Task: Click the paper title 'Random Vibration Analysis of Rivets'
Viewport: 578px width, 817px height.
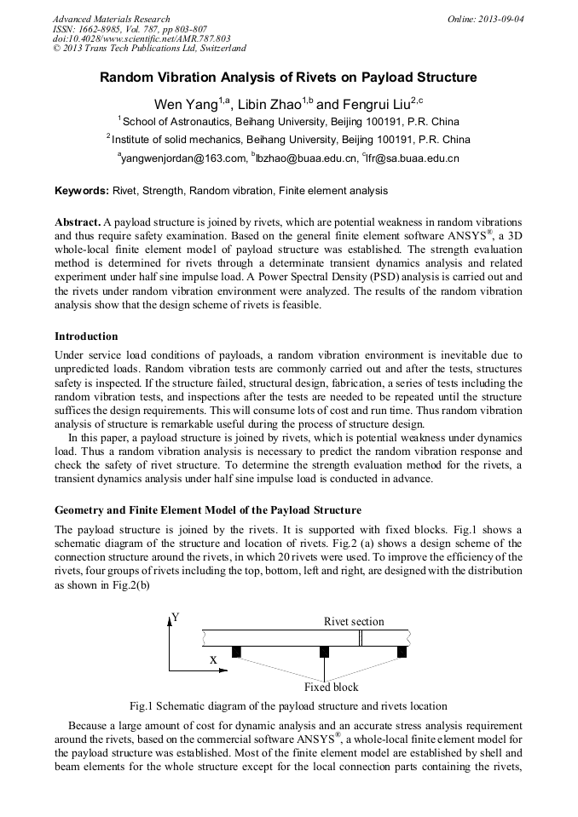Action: [288, 78]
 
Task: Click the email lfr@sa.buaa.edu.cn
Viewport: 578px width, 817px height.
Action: [413, 158]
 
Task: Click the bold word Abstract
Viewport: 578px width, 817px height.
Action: [78, 221]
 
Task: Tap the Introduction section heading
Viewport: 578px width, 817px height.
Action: [86, 337]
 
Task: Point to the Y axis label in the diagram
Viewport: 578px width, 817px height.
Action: [176, 617]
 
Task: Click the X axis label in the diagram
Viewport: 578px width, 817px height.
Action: [213, 659]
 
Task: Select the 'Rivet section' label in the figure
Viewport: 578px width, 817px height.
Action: [354, 621]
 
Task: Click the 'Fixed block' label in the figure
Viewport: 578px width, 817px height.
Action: [332, 687]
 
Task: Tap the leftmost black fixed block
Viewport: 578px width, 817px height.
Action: [236, 652]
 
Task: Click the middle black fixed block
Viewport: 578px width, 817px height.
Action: [324, 652]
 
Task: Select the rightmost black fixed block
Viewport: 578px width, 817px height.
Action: [402, 652]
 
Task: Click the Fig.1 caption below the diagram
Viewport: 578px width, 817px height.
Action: [288, 705]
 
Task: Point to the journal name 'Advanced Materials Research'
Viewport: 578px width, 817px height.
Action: [111, 19]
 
